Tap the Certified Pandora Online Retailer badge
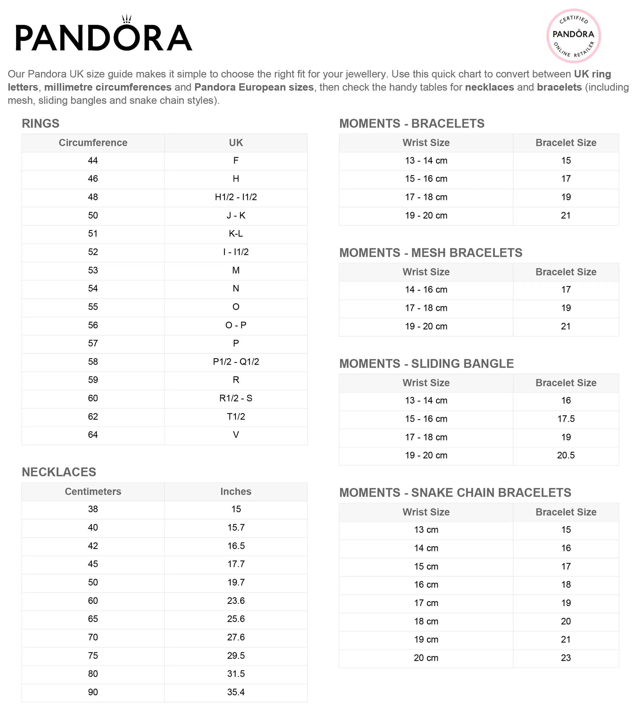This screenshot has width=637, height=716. [x=574, y=36]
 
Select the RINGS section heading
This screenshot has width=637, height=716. [x=41, y=124]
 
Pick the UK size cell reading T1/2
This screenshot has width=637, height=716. [x=236, y=417]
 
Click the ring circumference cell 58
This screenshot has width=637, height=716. [x=93, y=362]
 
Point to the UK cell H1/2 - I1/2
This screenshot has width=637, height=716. [x=236, y=197]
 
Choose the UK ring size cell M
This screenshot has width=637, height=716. [x=236, y=270]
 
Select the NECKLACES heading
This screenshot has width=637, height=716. [x=59, y=472]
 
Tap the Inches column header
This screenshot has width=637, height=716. [x=236, y=492]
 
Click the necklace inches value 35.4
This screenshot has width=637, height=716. [x=236, y=692]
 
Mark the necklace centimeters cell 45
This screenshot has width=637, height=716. [x=93, y=564]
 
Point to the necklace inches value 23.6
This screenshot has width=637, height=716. [x=236, y=601]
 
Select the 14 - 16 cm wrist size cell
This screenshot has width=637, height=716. [x=426, y=290]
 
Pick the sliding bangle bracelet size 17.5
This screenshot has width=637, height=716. [x=566, y=419]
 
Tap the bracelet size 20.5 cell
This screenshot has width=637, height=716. [x=566, y=455]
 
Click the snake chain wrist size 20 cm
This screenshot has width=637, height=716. [x=426, y=658]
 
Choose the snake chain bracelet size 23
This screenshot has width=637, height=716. [x=566, y=658]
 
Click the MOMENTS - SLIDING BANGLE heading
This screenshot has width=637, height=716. [x=426, y=364]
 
